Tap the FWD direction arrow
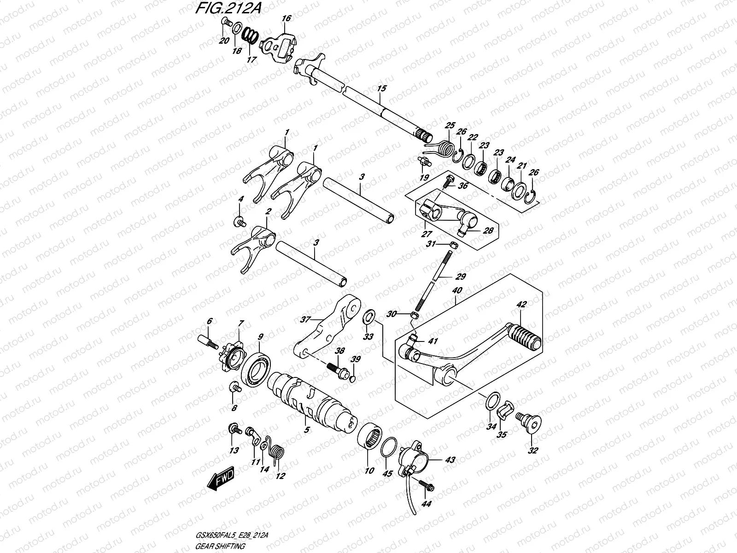coord(221,479)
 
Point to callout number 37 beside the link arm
coord(304,318)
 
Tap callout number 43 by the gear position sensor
coord(450,460)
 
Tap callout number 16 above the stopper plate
coord(287,18)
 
